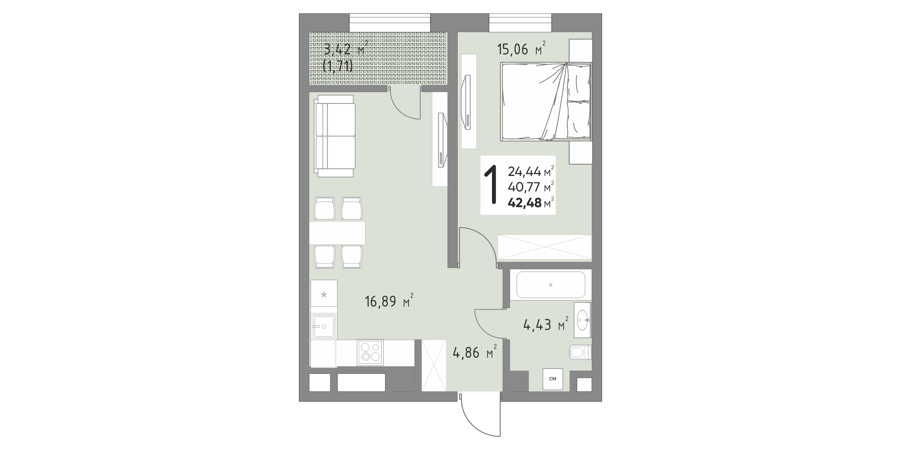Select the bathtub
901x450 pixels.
point(550,285)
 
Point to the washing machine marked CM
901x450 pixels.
point(553,379)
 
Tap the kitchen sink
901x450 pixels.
point(59,327)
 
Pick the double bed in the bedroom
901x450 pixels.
point(546,102)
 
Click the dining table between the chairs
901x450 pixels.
point(337,233)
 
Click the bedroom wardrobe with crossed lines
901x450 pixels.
point(545,247)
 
